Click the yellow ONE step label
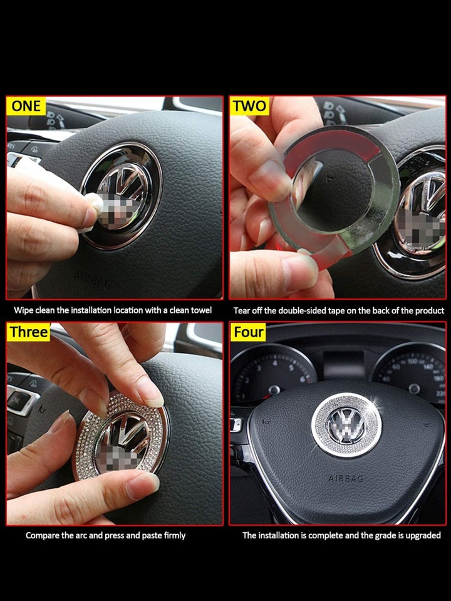point(26,105)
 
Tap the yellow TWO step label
point(249,106)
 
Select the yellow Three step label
point(29,332)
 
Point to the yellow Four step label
point(248,332)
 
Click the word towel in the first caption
point(201,310)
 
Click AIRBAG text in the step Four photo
point(346,478)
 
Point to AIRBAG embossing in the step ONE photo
point(93,280)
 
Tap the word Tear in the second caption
point(242,310)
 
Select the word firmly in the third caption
point(175,535)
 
